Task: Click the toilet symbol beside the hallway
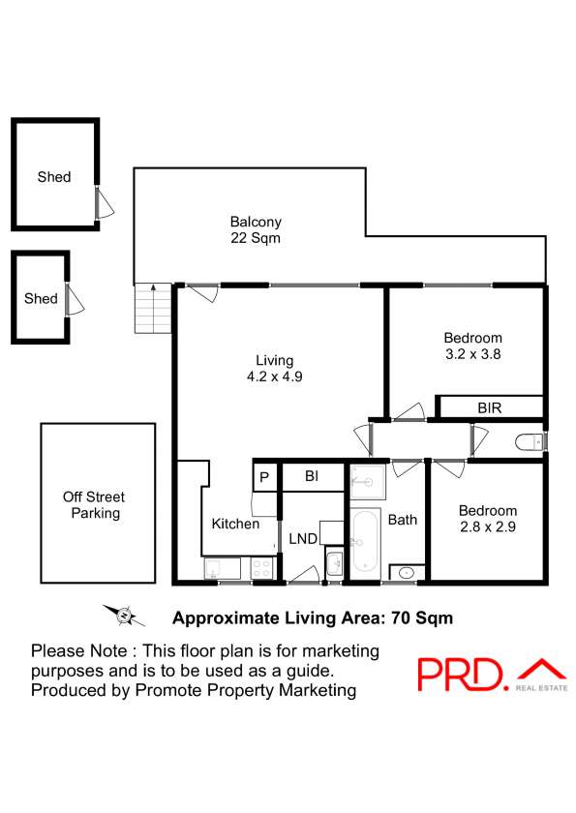(x=529, y=442)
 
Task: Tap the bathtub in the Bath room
(x=365, y=542)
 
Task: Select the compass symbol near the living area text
(x=124, y=616)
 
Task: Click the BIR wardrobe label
(x=490, y=408)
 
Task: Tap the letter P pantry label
(x=264, y=477)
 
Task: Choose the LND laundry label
(x=303, y=539)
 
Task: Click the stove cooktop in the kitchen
(x=261, y=568)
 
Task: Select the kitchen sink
(x=223, y=568)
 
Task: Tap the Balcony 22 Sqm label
(x=256, y=229)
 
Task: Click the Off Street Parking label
(x=94, y=505)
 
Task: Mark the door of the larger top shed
(x=104, y=202)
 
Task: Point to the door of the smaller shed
(x=75, y=299)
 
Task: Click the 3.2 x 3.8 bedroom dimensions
(x=472, y=354)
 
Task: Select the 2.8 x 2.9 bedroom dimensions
(x=487, y=527)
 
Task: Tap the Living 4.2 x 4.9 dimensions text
(x=274, y=368)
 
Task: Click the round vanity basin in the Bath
(x=407, y=573)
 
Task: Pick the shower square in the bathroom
(x=368, y=482)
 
